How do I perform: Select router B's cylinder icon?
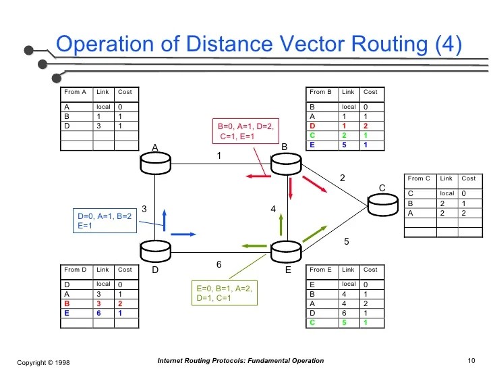284,162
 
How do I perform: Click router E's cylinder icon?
284,251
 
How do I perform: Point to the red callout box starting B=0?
245,132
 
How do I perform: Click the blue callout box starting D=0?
105,221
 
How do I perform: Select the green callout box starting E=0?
227,293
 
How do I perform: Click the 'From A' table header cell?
75,92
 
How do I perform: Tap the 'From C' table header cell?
417,178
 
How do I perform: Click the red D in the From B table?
312,126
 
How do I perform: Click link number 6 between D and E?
219,264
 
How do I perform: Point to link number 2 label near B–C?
342,178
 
